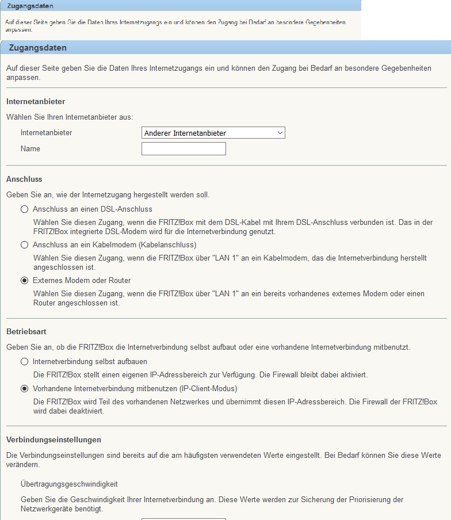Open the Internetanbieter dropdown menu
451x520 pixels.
pos(213,133)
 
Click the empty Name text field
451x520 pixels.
pos(184,149)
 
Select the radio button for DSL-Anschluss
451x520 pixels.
pos(24,209)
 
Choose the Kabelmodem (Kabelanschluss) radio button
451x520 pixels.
pos(24,245)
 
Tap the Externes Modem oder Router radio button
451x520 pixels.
pos(24,281)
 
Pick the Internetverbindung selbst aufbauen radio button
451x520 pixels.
pos(24,362)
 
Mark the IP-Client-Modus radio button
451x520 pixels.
pos(24,389)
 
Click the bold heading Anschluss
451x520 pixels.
pos(24,179)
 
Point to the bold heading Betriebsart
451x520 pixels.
pos(26,332)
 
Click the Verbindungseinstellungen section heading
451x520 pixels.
pos(53,439)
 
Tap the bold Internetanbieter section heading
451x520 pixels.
pos(36,102)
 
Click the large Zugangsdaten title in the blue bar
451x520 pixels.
pos(38,48)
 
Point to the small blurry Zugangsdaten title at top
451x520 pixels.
pos(30,6)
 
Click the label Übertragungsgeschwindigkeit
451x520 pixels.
pos(69,484)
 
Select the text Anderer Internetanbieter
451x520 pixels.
pos(185,133)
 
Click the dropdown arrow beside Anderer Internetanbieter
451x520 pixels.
pos(280,133)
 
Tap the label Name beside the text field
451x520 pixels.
pos(30,149)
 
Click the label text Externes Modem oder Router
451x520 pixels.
pos(82,281)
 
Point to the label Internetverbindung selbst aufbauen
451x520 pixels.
pos(90,362)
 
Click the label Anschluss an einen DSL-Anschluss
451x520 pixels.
pos(93,209)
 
